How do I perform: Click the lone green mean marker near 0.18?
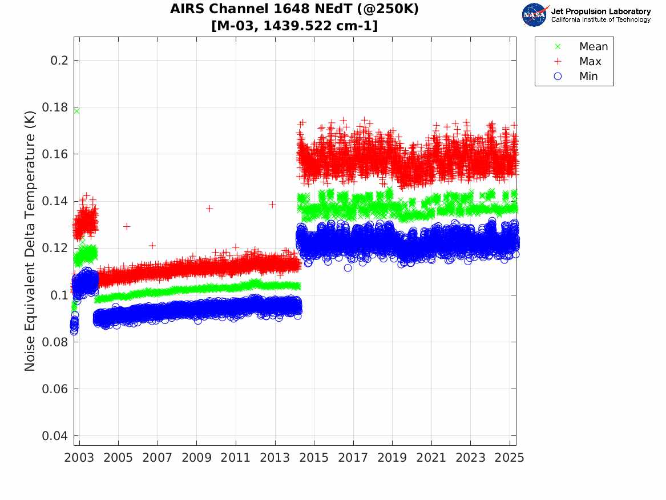(x=76, y=111)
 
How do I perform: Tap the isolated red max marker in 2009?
(x=209, y=209)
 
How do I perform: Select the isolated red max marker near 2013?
(x=272, y=205)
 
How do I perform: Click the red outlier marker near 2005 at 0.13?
(x=127, y=226)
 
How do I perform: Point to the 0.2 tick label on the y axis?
(x=56, y=61)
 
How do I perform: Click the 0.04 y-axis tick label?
(x=53, y=436)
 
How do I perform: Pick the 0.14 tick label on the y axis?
(x=53, y=201)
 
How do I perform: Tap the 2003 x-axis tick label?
(x=79, y=458)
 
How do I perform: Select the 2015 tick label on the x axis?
(x=314, y=458)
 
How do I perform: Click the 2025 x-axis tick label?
(x=510, y=458)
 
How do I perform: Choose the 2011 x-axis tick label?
(x=236, y=458)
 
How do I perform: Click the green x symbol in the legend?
(x=558, y=47)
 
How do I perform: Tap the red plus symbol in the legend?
(x=558, y=62)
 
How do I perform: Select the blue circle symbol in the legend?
(x=558, y=77)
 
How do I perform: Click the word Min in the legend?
(x=588, y=77)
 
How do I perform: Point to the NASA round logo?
(x=534, y=15)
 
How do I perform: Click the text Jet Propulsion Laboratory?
(x=600, y=11)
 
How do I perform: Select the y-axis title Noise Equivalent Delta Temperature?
(x=30, y=237)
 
